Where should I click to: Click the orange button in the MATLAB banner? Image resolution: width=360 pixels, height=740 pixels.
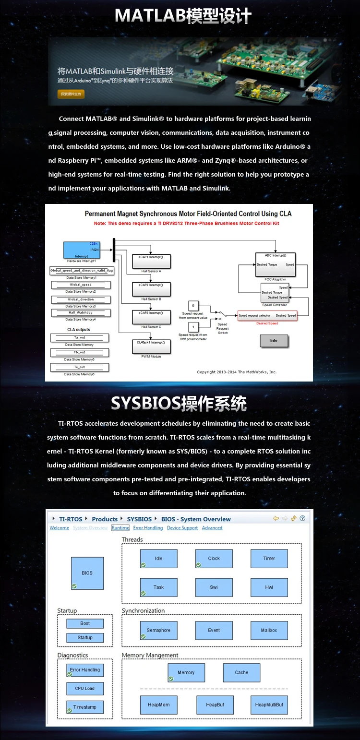[x=71, y=94]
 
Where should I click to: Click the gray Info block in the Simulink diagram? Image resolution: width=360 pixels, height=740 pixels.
[x=274, y=341]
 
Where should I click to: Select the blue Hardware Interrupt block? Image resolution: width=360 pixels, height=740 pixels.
[x=81, y=250]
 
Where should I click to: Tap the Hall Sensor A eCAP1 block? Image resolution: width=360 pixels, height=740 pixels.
[x=151, y=261]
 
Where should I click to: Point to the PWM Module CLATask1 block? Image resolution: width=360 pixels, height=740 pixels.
[x=151, y=346]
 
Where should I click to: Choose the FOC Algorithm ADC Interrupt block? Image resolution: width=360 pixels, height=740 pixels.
[x=275, y=264]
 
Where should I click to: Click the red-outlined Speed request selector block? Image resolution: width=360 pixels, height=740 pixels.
[x=267, y=315]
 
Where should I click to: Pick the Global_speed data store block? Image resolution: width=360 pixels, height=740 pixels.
[x=81, y=285]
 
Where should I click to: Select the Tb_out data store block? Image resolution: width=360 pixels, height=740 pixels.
[x=81, y=353]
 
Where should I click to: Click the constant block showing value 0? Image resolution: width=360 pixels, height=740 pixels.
[x=193, y=306]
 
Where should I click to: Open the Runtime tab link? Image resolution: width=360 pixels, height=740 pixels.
[x=120, y=528]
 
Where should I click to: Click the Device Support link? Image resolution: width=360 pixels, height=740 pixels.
[x=182, y=528]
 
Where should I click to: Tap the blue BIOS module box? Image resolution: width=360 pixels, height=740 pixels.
[x=87, y=573]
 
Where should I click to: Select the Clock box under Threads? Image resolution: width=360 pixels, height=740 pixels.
[x=214, y=559]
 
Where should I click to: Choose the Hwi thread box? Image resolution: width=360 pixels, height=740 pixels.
[x=269, y=587]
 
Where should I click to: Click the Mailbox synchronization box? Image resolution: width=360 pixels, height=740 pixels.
[x=269, y=631]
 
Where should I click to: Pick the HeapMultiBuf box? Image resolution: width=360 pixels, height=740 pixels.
[x=269, y=705]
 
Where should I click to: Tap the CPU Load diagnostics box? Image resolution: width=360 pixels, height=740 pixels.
[x=85, y=689]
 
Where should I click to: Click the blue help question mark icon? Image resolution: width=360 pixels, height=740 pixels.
[x=302, y=518]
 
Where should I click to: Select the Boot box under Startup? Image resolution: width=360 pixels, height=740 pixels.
[x=85, y=623]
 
